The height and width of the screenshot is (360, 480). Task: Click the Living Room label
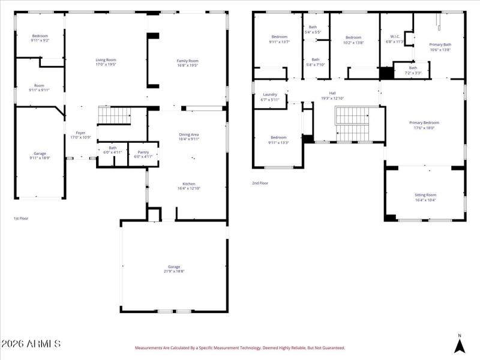click(x=106, y=60)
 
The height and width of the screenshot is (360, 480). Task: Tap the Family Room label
click(x=187, y=61)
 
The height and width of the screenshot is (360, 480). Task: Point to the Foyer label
click(x=80, y=133)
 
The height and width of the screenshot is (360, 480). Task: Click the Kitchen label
click(x=189, y=184)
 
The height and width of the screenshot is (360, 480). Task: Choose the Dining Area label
click(x=189, y=134)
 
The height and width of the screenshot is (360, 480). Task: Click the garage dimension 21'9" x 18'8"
click(x=174, y=271)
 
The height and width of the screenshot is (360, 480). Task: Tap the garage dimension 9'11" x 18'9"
click(x=40, y=158)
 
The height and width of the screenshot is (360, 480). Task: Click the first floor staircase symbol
click(x=114, y=115)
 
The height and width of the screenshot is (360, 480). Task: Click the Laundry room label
click(x=270, y=94)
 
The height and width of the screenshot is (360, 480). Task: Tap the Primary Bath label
click(x=440, y=44)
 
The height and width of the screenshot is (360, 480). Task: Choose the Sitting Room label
click(x=425, y=195)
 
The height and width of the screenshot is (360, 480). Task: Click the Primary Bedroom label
click(x=424, y=122)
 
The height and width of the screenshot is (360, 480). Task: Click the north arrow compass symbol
click(x=460, y=344)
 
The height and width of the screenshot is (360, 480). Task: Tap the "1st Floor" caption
click(x=21, y=218)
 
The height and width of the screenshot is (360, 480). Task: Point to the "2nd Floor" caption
click(x=260, y=183)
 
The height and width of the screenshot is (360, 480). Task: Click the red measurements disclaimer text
click(x=240, y=347)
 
